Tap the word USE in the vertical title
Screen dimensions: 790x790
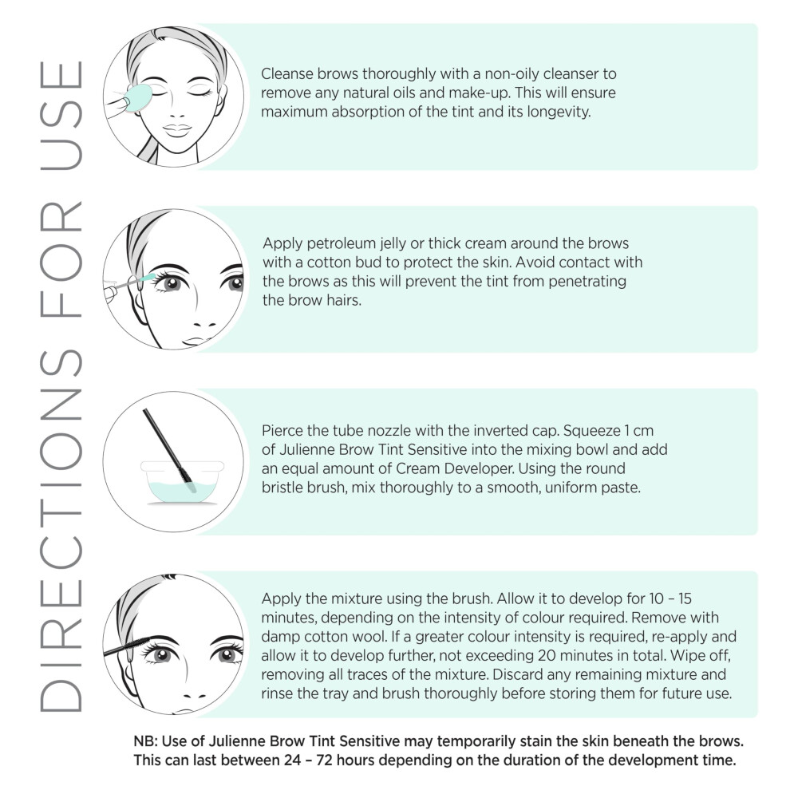[61, 116]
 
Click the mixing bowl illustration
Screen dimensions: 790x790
[182, 482]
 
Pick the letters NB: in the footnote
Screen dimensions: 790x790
[145, 741]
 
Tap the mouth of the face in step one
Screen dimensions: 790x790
[177, 129]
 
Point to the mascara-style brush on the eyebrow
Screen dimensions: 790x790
[126, 646]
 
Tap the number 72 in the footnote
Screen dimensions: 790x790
[325, 760]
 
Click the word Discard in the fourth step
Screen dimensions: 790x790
[517, 674]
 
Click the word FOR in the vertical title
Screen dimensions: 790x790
[61, 260]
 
